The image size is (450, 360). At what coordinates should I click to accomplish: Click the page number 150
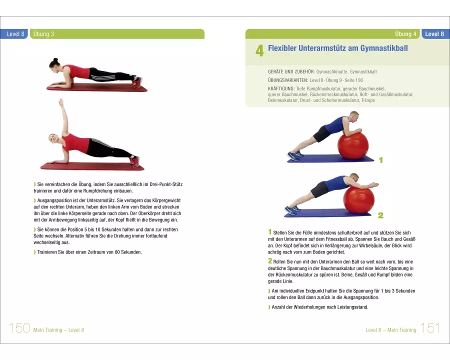pyautogui.click(x=19, y=328)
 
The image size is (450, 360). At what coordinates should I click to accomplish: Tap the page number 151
pyautogui.click(x=430, y=328)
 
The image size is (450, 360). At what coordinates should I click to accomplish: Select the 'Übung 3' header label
pyautogui.click(x=43, y=34)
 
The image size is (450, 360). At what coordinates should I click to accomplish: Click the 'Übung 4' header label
pyautogui.click(x=405, y=34)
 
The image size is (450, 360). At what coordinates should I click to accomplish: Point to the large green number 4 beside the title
pyautogui.click(x=259, y=50)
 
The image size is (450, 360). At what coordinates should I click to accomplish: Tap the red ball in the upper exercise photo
pyautogui.click(x=352, y=146)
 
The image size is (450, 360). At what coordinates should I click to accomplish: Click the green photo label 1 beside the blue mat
pyautogui.click(x=381, y=160)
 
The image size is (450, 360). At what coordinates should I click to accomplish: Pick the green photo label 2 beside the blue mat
pyautogui.click(x=380, y=215)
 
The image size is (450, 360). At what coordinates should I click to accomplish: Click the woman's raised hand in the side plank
pyautogui.click(x=60, y=101)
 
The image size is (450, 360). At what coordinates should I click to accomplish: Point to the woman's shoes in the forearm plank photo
pyautogui.click(x=137, y=82)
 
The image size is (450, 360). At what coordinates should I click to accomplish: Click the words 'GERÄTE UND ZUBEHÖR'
pyautogui.click(x=291, y=72)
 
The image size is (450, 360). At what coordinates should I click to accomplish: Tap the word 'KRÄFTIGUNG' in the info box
pyautogui.click(x=281, y=88)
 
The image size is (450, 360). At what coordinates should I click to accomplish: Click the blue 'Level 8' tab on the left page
pyautogui.click(x=15, y=34)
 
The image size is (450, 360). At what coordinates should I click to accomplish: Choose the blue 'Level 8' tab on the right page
pyautogui.click(x=434, y=34)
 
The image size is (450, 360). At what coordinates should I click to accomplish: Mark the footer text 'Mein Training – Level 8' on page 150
pyautogui.click(x=58, y=330)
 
